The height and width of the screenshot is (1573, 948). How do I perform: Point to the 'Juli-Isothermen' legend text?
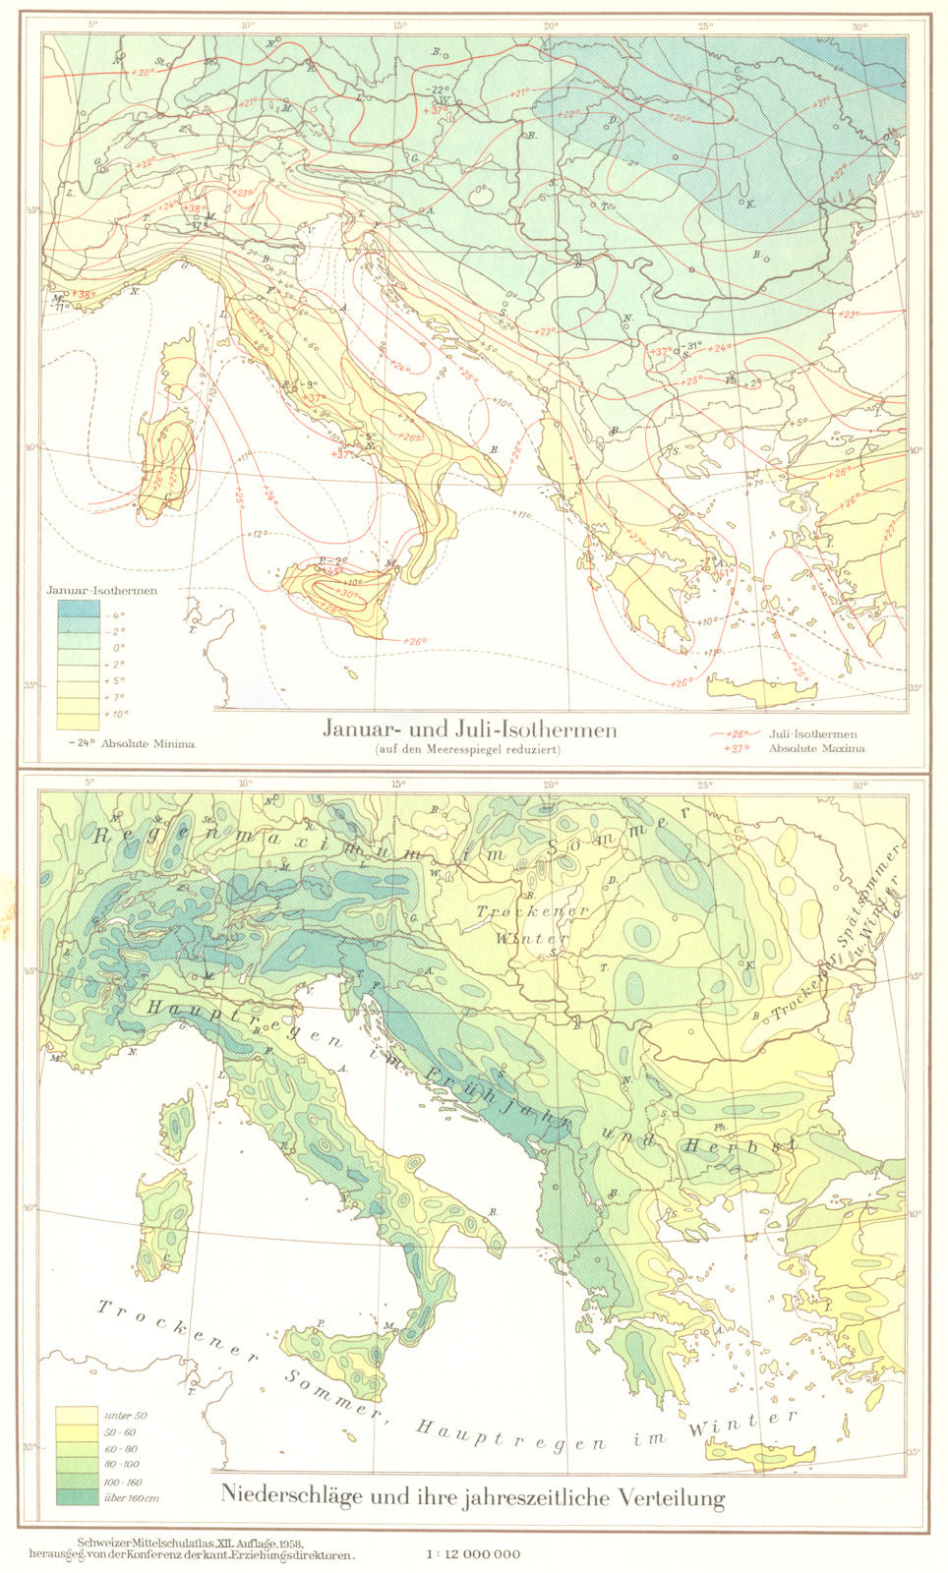click(x=813, y=733)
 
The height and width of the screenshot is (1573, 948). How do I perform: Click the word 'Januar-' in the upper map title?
click(x=362, y=729)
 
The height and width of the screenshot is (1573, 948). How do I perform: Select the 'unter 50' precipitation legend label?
click(x=124, y=1414)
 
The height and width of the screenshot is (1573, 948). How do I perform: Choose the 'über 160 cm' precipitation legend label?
click(x=131, y=1497)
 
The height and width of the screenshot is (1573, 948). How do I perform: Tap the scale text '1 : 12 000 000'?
click(x=472, y=1554)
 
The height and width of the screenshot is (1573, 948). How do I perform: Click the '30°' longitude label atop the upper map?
click(x=859, y=28)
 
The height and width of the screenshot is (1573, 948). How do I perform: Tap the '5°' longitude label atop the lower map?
click(x=89, y=783)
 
